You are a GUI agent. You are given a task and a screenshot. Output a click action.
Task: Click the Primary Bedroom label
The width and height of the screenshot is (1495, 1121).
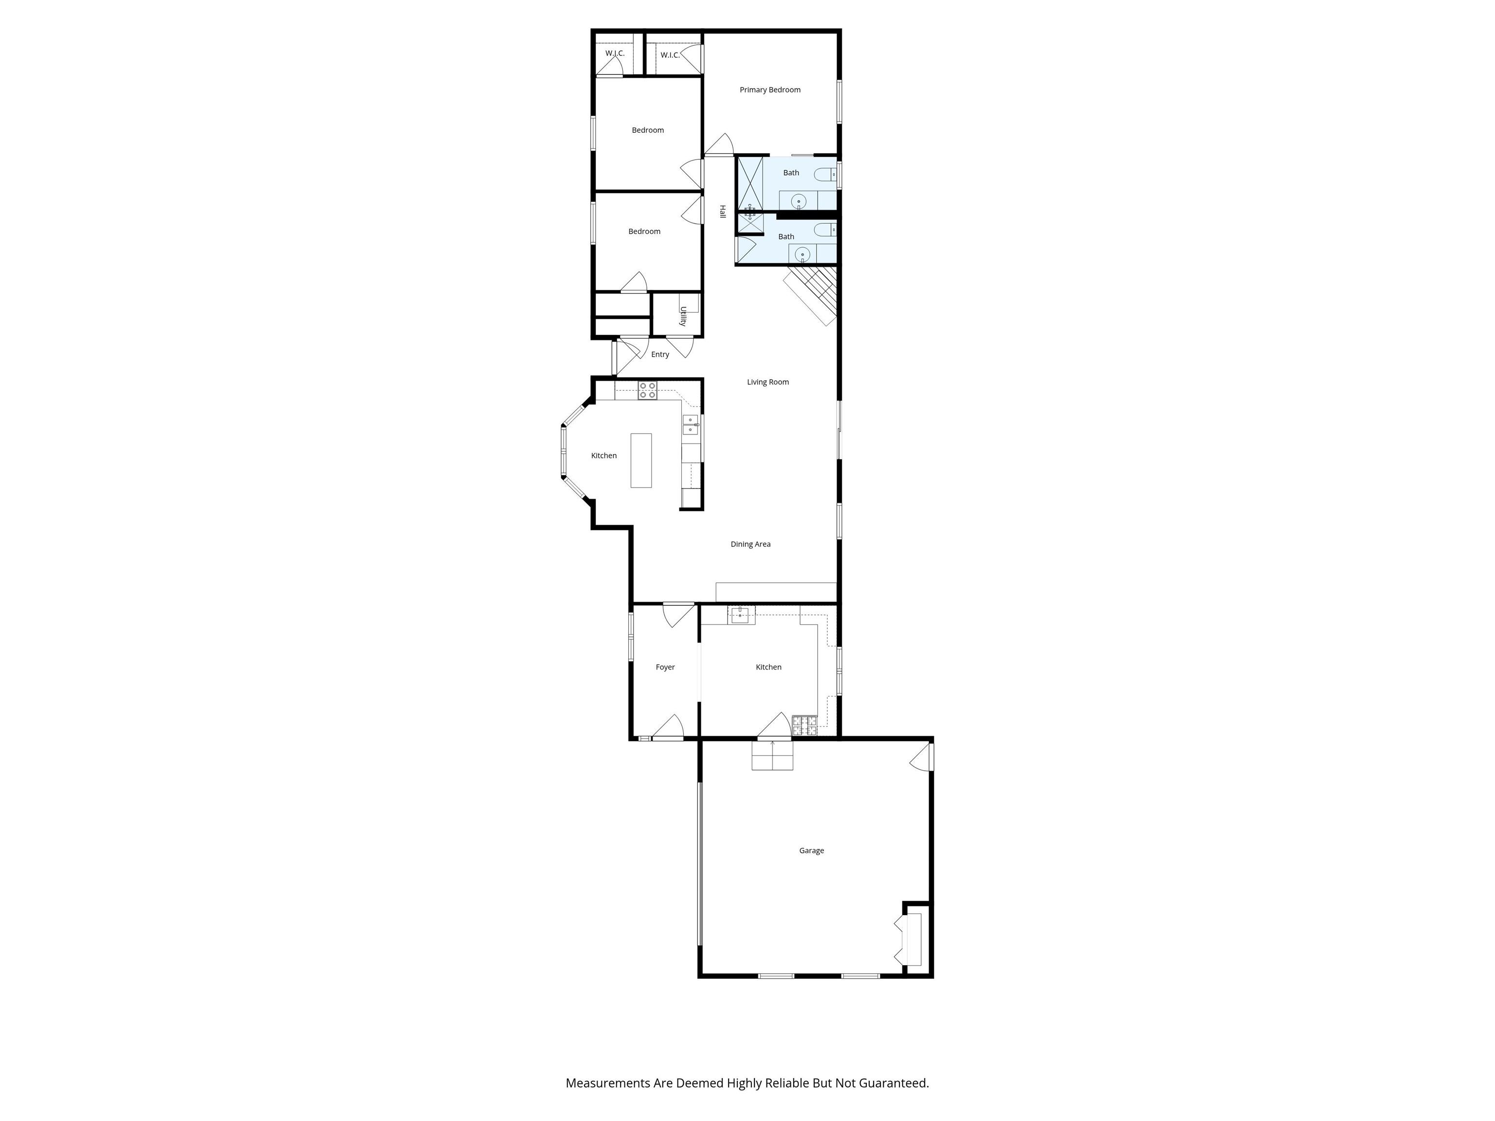click(770, 90)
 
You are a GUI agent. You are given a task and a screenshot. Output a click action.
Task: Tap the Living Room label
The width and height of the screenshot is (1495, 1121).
click(768, 382)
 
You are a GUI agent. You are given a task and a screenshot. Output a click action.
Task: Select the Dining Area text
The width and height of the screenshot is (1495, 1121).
click(750, 544)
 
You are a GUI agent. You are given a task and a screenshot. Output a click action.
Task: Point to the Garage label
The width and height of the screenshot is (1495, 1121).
click(811, 850)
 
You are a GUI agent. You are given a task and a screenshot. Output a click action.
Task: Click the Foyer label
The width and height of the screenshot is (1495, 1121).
click(665, 667)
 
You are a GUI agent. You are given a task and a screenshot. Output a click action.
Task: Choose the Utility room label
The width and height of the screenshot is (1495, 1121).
click(683, 316)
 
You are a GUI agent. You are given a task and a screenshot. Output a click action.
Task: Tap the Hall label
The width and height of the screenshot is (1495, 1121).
click(722, 212)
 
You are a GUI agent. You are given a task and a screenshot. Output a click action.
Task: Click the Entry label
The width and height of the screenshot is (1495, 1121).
click(659, 354)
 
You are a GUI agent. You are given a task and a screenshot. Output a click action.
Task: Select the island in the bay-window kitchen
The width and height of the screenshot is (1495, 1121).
click(641, 460)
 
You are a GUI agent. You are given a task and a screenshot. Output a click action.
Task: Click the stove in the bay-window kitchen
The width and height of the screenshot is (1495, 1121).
click(647, 391)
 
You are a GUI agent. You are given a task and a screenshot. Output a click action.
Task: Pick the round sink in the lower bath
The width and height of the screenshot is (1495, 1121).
click(802, 254)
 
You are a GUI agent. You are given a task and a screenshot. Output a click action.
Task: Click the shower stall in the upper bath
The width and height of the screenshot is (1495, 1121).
click(749, 182)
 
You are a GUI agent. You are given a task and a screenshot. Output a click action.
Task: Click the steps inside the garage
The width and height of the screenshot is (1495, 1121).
click(772, 756)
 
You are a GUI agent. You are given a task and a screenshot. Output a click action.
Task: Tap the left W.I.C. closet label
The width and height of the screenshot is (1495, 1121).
click(614, 54)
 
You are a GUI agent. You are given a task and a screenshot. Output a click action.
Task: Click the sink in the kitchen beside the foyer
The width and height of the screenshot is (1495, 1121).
click(741, 615)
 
